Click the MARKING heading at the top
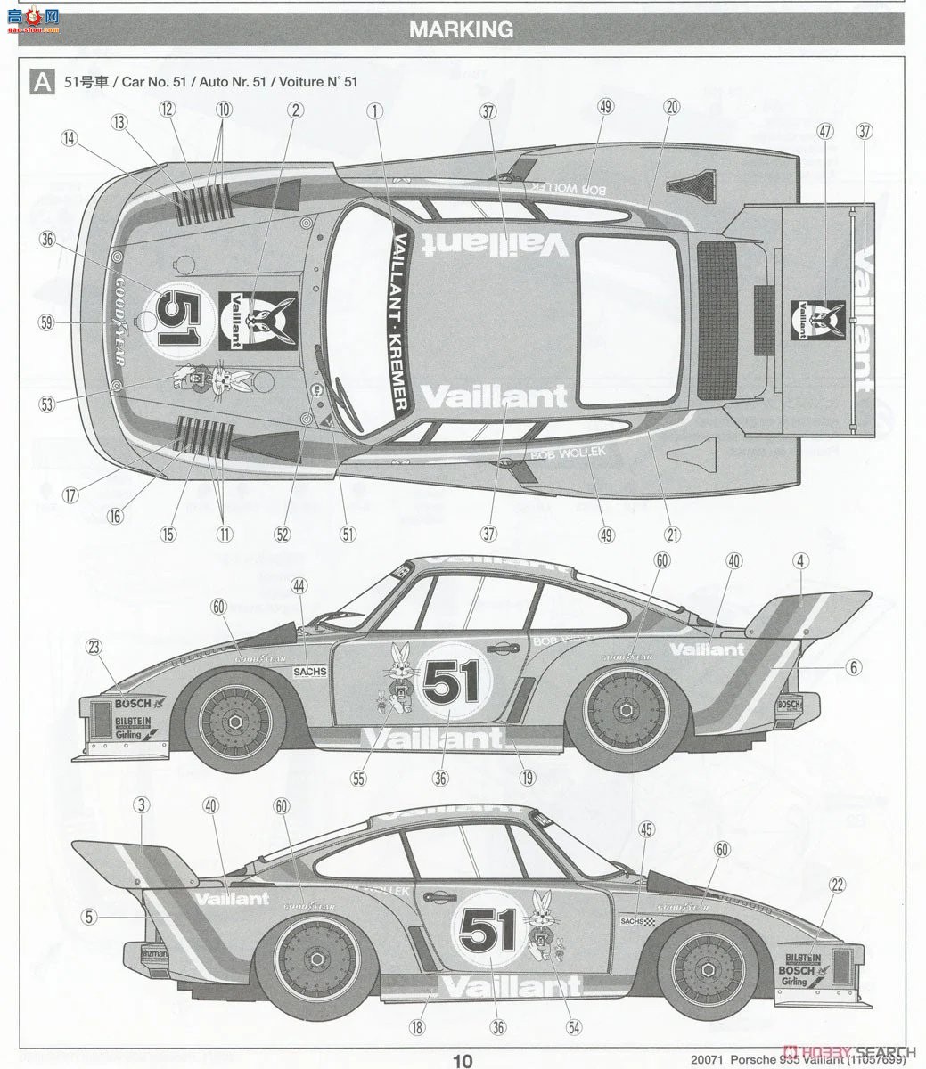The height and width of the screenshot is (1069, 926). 461,29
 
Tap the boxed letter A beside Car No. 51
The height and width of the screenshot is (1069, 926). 41,82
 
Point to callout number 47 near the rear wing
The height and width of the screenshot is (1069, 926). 824,131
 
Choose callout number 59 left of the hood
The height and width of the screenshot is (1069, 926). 46,322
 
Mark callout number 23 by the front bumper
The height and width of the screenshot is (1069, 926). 94,649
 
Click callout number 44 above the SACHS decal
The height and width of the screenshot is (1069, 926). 299,585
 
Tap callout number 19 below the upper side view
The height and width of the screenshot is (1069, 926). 528,777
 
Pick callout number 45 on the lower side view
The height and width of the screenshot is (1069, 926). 646,829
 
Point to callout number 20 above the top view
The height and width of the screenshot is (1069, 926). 671,107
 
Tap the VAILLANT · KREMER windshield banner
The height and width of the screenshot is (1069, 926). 398,322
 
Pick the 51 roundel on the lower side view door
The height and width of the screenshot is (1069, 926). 488,931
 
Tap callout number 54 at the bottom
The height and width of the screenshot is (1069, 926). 573,1027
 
